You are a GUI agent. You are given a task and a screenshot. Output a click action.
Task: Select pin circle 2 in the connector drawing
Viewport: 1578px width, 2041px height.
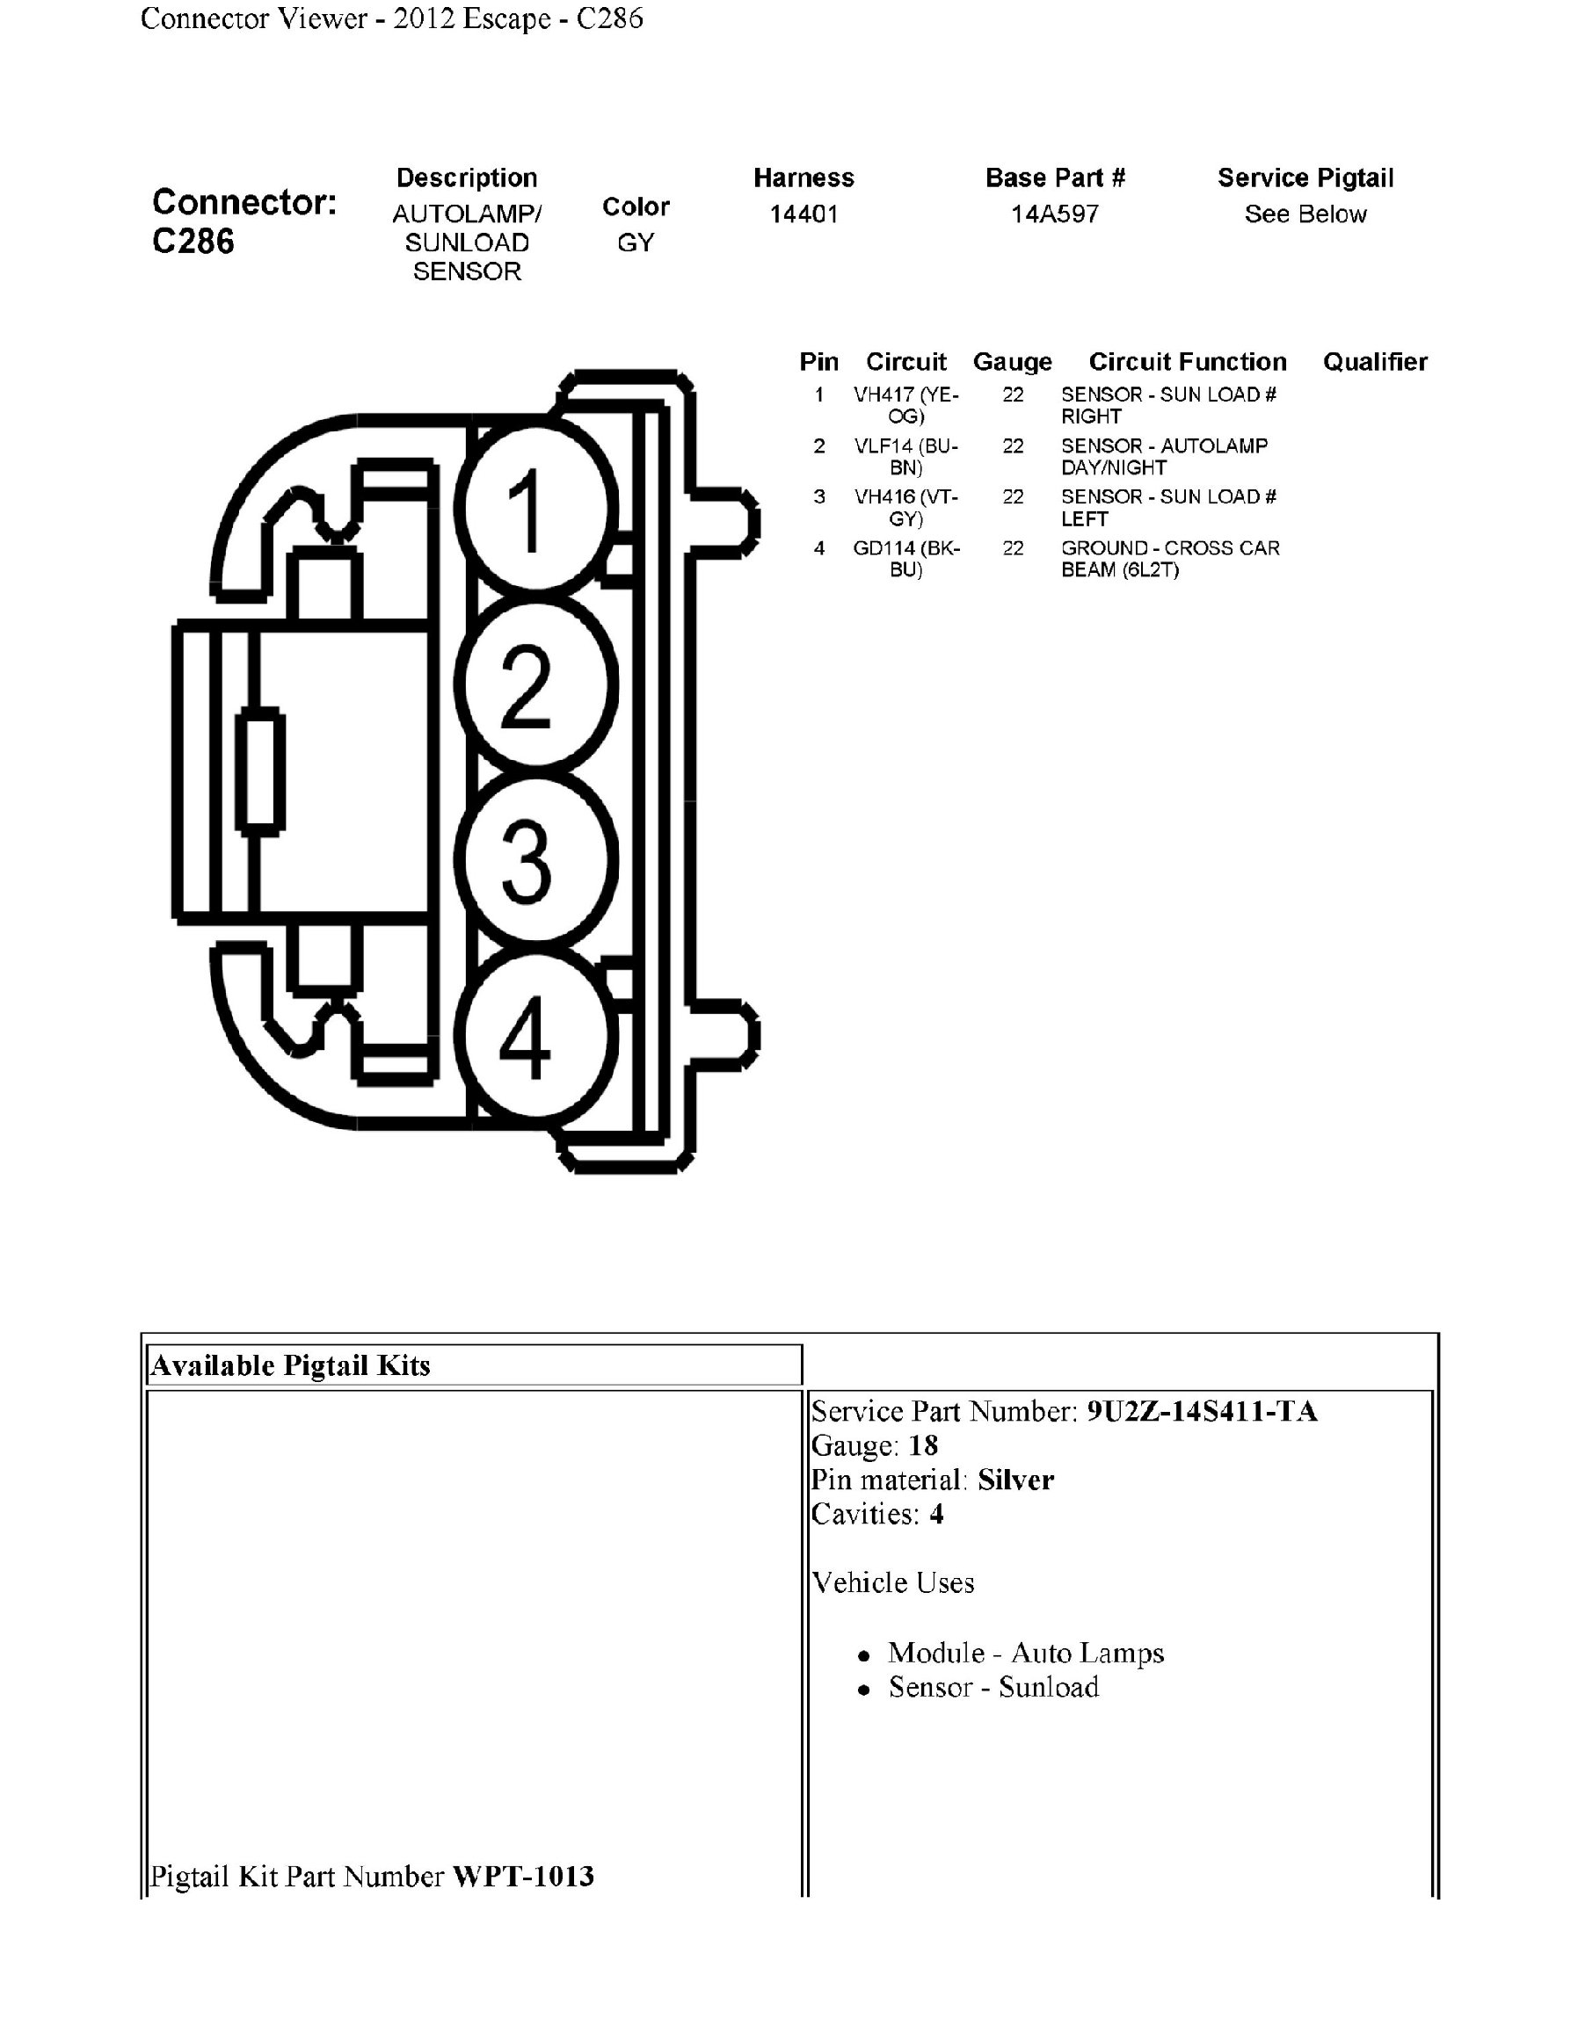535,685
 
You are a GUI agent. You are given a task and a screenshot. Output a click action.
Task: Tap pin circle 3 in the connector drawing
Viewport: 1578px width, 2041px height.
535,861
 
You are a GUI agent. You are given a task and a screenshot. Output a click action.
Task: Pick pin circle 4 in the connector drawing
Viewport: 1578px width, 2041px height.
535,1037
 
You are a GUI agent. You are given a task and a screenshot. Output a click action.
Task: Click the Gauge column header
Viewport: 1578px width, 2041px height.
1012,362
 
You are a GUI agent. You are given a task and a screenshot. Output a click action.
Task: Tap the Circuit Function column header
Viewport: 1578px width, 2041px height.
1188,362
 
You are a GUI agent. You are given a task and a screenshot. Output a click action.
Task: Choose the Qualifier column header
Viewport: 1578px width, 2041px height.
1374,362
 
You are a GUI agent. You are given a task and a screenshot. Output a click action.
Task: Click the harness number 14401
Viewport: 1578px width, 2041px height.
803,214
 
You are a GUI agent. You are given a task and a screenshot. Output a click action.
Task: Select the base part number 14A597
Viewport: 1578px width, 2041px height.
1055,214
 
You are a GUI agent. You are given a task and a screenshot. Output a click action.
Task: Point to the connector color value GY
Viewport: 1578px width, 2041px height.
636,243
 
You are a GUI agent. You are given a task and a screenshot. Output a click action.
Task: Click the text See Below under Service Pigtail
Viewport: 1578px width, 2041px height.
1305,214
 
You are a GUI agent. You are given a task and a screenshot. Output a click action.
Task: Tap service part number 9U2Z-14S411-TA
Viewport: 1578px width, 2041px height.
1201,1410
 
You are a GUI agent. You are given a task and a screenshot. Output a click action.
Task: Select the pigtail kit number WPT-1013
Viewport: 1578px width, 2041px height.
522,1876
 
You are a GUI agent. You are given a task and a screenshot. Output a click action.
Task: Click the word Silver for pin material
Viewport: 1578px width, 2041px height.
1015,1480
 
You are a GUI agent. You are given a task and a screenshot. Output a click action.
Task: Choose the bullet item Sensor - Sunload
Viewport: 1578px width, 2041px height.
993,1687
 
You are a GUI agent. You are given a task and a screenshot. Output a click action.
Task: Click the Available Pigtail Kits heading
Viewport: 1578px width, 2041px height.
291,1365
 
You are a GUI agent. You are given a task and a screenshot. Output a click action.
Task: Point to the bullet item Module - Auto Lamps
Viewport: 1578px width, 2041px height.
1026,1653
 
